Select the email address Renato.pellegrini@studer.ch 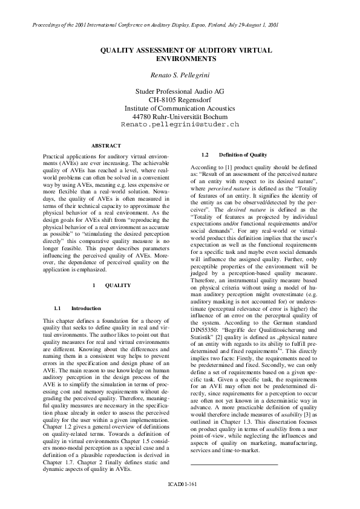click(180, 124)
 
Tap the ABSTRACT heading click(106, 146)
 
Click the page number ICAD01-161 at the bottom click(180, 484)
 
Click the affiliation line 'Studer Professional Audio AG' click(180, 91)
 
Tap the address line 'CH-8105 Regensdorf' click(180, 99)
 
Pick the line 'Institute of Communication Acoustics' click(180, 108)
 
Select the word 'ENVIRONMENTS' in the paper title click(180, 60)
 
